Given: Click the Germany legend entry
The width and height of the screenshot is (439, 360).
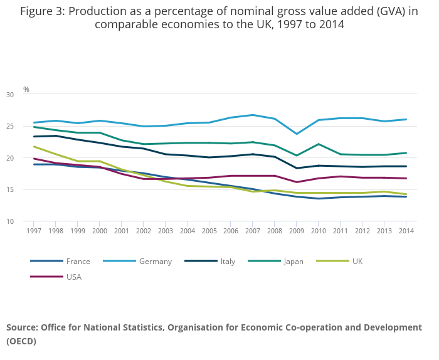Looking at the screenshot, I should coord(155,262).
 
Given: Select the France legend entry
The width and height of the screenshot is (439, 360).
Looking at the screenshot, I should coord(78,262).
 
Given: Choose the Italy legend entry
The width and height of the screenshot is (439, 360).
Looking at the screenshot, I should coord(227,262).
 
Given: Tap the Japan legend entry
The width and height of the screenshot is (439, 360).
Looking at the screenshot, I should coord(293,262).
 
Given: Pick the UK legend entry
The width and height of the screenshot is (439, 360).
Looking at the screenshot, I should coord(357,262).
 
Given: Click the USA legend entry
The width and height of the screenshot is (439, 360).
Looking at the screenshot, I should coord(73,277).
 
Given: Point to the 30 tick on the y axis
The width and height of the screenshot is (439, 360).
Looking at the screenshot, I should coord(27,95).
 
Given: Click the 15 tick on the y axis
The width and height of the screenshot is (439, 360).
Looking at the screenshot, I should coord(27,190).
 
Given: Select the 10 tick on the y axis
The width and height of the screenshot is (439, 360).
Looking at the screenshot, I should coord(27,221).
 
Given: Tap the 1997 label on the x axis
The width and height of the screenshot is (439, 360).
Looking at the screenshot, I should coord(34,231).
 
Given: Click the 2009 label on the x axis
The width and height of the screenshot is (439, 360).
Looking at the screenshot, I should coord(297,231).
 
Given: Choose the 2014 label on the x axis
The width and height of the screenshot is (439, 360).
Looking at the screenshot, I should coord(406,231).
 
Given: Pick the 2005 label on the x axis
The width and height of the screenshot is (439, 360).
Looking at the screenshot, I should coord(209,231).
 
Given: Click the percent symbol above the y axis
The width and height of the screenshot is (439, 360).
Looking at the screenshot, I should coord(26,90).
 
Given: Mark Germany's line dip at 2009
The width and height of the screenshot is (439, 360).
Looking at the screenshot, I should coord(297,134).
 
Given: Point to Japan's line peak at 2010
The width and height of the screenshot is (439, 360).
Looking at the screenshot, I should coord(319,144).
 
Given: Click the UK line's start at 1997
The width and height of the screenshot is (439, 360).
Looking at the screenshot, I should coord(34,147).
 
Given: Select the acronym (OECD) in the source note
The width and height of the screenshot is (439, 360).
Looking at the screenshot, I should coord(21,341).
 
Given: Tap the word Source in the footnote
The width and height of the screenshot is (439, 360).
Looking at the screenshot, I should coord(22,327).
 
